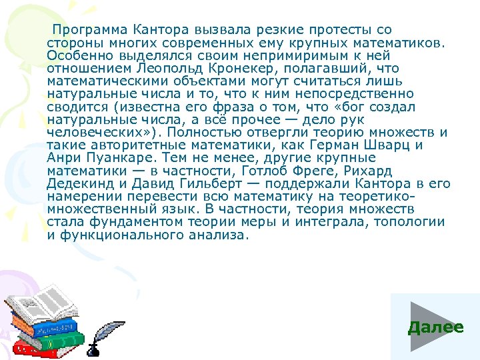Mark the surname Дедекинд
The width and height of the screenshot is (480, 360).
81,184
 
